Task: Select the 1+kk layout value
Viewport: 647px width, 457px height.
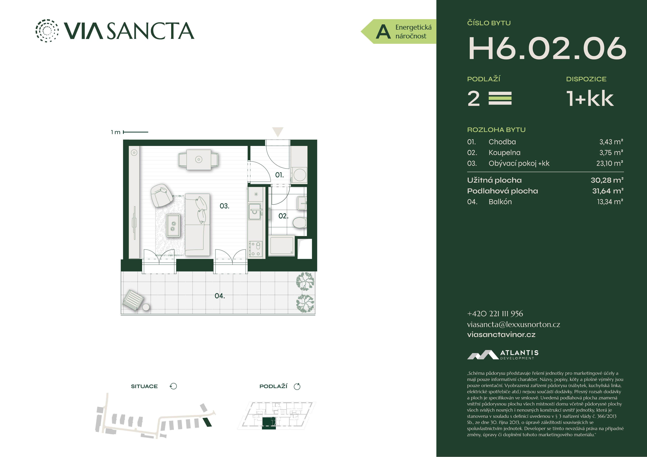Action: tap(590, 99)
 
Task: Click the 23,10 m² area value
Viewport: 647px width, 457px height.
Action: tap(610, 163)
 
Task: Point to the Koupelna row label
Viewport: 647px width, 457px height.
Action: tap(504, 153)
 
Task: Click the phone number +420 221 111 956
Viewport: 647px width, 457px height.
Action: tap(495, 314)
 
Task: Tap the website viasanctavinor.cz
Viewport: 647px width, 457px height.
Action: tap(501, 334)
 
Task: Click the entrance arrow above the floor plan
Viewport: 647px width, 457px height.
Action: tap(278, 132)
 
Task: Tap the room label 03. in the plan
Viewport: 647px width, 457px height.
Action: tap(224, 206)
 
